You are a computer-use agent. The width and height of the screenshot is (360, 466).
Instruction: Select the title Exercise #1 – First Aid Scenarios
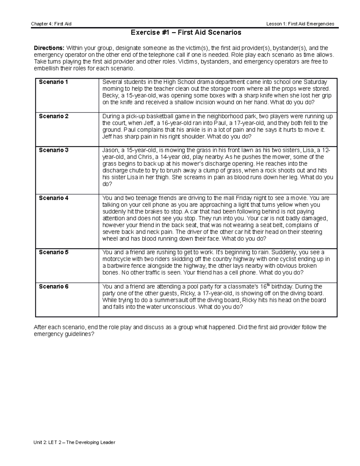[186, 32]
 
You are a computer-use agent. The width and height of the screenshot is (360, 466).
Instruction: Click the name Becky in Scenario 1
[110, 96]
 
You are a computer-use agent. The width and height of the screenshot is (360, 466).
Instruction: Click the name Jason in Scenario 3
[110, 150]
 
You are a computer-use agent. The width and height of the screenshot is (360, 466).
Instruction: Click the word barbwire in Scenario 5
[118, 266]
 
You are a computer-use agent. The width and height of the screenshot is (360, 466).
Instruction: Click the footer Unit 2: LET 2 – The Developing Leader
[74, 442]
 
